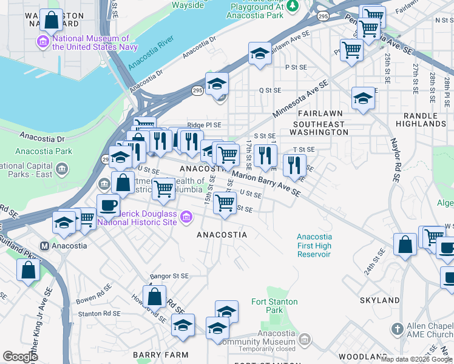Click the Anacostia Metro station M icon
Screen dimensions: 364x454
click(44, 246)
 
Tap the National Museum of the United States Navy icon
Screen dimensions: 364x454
click(43, 42)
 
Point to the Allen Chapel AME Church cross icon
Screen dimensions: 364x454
click(398, 329)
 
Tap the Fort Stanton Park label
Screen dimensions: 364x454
click(274, 306)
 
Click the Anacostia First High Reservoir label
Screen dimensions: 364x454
click(314, 245)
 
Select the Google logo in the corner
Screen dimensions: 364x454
click(20, 357)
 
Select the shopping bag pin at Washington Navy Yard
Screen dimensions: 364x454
click(52, 20)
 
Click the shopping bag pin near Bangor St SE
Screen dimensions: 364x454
click(155, 297)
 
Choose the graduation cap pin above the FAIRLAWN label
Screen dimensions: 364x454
click(363, 98)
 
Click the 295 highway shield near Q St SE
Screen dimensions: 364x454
click(197, 90)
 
